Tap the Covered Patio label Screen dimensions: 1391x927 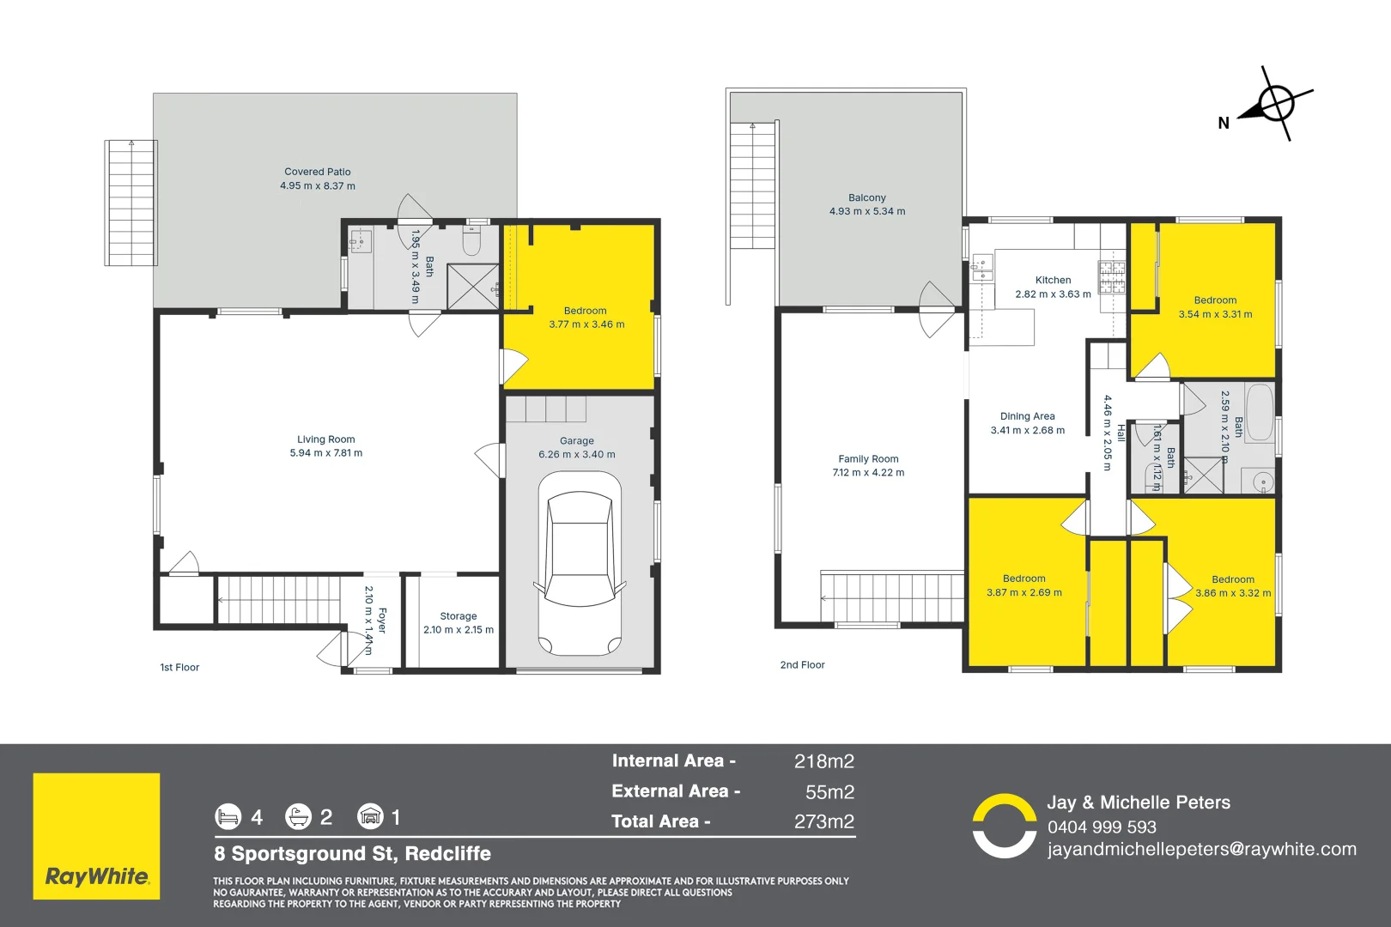pyautogui.click(x=318, y=172)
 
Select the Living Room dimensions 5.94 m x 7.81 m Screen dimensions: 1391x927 pyautogui.click(x=325, y=453)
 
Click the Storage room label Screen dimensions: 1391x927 pyautogui.click(x=458, y=616)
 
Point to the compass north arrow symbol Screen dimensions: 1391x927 pyautogui.click(x=1276, y=104)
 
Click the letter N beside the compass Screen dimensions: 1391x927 pyautogui.click(x=1224, y=124)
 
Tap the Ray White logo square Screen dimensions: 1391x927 pyautogui.click(x=96, y=836)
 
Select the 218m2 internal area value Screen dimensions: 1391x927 pyautogui.click(x=823, y=761)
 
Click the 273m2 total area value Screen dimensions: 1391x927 pyautogui.click(x=823, y=821)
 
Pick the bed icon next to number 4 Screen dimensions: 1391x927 pyautogui.click(x=228, y=816)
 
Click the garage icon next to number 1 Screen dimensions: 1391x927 pyautogui.click(x=370, y=816)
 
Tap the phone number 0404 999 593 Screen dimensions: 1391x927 pyautogui.click(x=1102, y=827)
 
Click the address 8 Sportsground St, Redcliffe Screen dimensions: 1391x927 pyautogui.click(x=352, y=854)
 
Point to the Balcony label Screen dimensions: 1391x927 pyautogui.click(x=866, y=197)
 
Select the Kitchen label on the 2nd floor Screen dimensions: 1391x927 pyautogui.click(x=1053, y=280)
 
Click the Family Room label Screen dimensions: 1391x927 pyautogui.click(x=868, y=459)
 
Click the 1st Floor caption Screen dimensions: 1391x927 pyautogui.click(x=179, y=667)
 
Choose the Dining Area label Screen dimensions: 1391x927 pyautogui.click(x=1027, y=416)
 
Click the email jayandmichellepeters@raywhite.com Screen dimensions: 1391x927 pyautogui.click(x=1201, y=849)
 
